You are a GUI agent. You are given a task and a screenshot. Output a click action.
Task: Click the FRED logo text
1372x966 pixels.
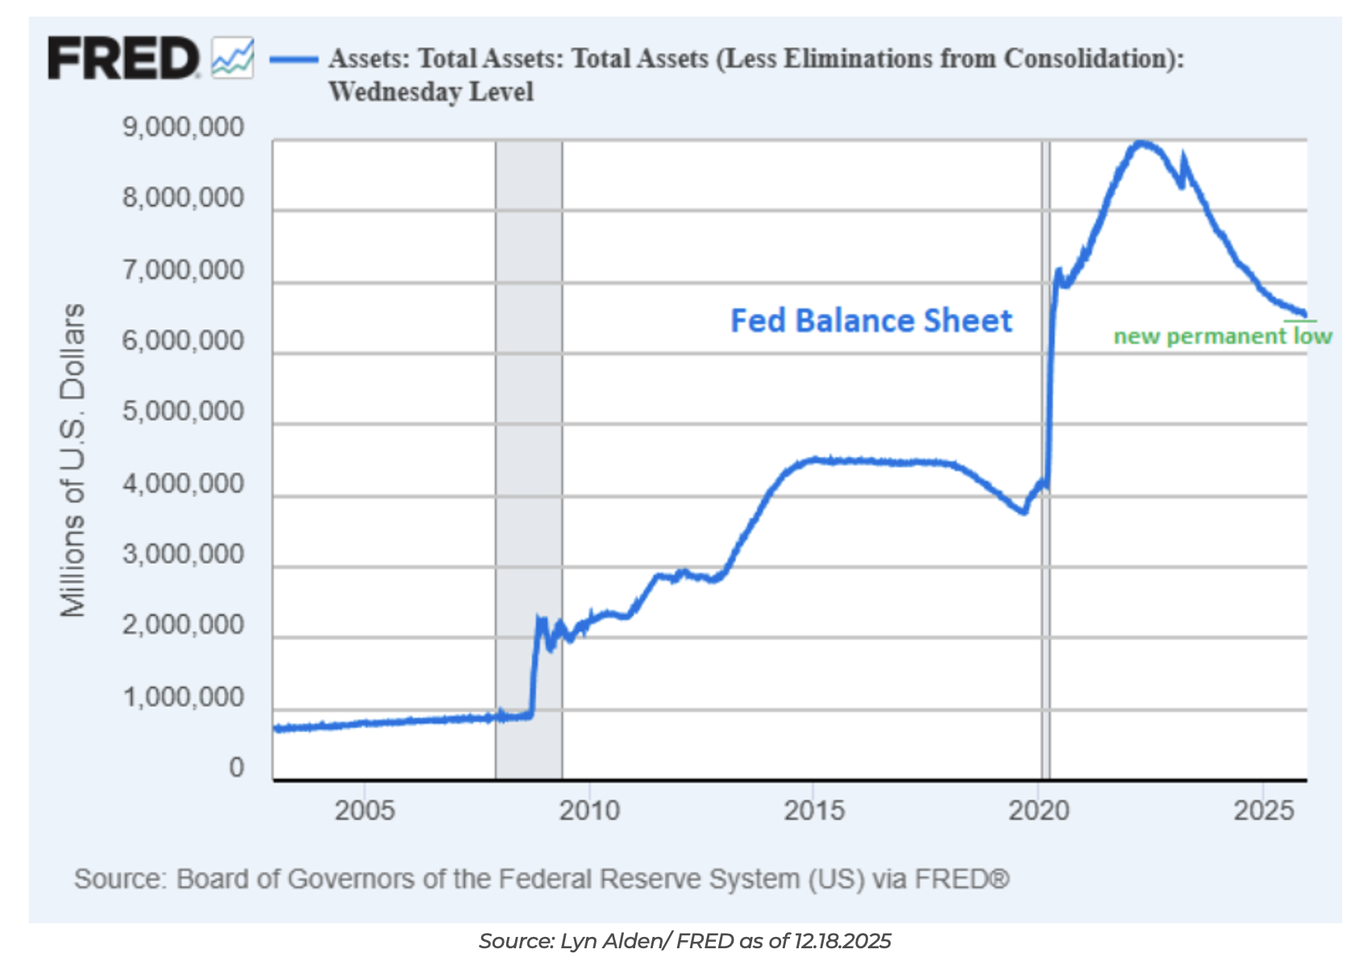click(123, 58)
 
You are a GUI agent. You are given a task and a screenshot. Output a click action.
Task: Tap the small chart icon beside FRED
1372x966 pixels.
click(233, 58)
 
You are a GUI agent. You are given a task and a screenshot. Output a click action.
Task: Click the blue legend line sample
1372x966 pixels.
click(293, 59)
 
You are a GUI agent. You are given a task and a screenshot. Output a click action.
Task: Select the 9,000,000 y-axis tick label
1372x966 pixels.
click(183, 127)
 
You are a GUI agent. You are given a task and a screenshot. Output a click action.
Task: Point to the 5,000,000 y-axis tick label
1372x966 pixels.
click(183, 411)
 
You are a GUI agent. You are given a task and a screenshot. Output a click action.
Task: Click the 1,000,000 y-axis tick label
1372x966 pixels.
click(183, 697)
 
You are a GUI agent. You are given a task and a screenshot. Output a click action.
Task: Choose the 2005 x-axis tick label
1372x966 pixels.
click(364, 810)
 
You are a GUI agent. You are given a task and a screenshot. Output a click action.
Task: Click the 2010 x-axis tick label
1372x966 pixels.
click(589, 810)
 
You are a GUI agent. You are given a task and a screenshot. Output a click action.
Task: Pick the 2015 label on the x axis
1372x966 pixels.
click(814, 810)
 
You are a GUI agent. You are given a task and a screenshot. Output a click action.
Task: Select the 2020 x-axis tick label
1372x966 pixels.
click(1039, 810)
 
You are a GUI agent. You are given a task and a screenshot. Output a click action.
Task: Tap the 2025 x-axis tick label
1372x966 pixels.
click(1263, 810)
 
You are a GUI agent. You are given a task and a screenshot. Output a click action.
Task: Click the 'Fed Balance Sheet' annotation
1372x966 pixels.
click(871, 321)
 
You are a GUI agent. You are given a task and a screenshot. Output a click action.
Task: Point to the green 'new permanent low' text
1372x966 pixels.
click(1222, 336)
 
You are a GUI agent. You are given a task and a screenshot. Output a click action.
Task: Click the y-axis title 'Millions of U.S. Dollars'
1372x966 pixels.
click(73, 460)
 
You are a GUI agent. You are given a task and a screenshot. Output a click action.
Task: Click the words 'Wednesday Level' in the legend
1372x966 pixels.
click(431, 92)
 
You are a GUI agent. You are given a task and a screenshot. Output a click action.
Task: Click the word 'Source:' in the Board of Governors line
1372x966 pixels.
click(120, 879)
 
